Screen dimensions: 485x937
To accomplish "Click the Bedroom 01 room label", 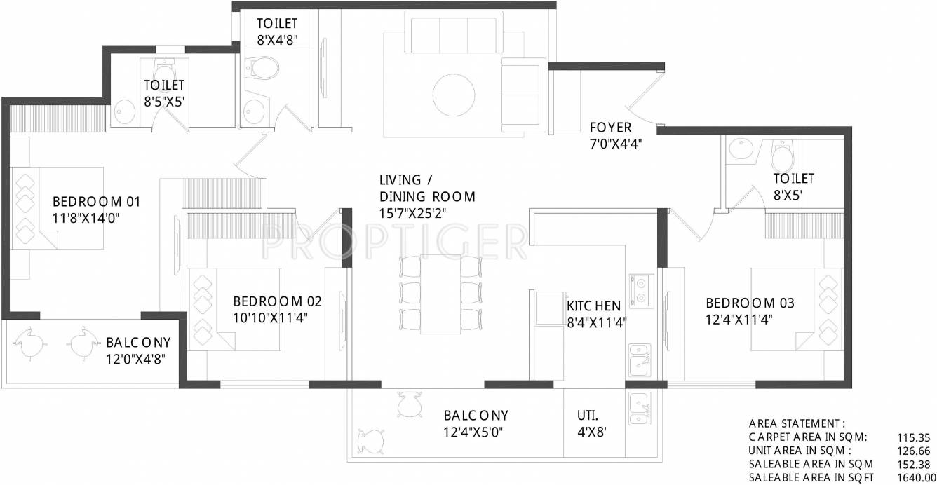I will tap(97, 202).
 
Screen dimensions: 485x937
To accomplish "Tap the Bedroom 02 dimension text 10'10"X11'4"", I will tap(271, 317).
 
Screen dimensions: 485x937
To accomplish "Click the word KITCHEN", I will tap(593, 306).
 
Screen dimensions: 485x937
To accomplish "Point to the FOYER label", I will tap(610, 128).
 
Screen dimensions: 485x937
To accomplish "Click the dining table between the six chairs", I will tap(440, 294).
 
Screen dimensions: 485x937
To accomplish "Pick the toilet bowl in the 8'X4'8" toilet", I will tap(264, 67).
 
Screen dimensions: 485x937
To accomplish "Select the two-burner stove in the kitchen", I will tap(640, 290).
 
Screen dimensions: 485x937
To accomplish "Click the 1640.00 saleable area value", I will tap(912, 477).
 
